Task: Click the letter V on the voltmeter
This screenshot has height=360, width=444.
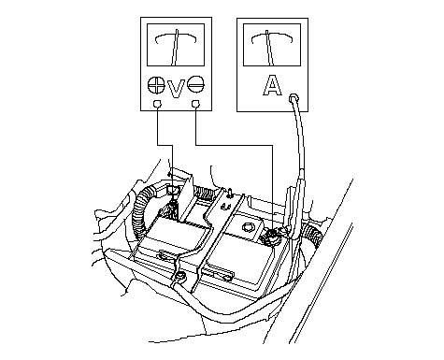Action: [176, 89]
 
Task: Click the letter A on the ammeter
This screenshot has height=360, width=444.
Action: [272, 85]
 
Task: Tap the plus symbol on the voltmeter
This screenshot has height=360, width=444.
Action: [156, 85]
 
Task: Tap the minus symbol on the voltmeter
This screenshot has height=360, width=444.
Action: [195, 84]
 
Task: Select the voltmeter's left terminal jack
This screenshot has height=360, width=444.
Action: [158, 104]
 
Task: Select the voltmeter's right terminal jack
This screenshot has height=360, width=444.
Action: [195, 104]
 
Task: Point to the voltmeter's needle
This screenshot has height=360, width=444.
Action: [175, 48]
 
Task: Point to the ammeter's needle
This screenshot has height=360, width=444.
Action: [269, 48]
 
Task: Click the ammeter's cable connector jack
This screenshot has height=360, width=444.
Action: [294, 98]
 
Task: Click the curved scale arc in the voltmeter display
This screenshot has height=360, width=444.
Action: [176, 36]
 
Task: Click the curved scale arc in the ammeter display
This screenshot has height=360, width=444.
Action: [272, 36]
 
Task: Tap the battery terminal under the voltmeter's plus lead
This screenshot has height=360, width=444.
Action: [172, 209]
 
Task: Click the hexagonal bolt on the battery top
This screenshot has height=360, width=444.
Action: [248, 227]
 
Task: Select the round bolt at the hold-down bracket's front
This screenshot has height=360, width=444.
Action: [180, 276]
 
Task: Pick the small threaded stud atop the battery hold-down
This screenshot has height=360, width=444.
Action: [229, 194]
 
